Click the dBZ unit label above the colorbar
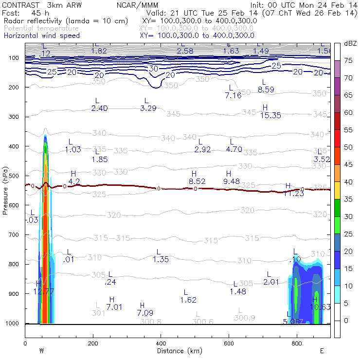tap(350, 44)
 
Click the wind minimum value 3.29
tap(148, 108)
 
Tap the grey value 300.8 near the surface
tap(149, 322)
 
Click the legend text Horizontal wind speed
tap(41, 36)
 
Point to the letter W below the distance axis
tap(42, 350)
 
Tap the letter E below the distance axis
tap(322, 350)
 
